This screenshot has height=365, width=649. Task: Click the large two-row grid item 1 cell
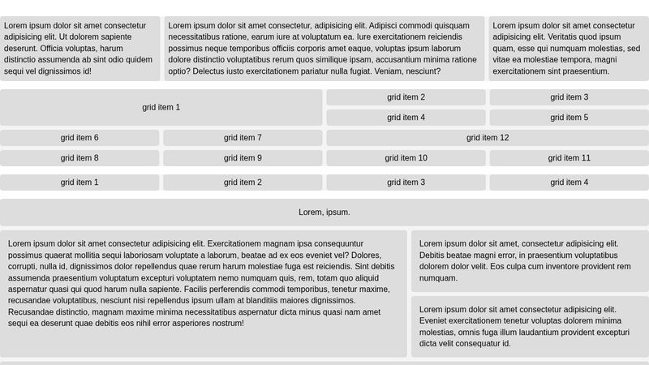point(161,107)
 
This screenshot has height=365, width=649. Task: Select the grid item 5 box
point(569,118)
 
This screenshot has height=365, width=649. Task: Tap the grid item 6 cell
point(80,138)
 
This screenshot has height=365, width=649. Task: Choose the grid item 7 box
point(243,138)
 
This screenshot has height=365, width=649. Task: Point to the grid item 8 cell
point(80,158)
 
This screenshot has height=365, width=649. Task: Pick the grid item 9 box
point(243,158)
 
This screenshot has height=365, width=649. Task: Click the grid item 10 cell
point(406,158)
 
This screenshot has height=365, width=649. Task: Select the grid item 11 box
point(569,158)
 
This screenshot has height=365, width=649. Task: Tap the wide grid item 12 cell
point(488,138)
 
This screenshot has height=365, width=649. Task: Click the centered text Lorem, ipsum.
point(324,213)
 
